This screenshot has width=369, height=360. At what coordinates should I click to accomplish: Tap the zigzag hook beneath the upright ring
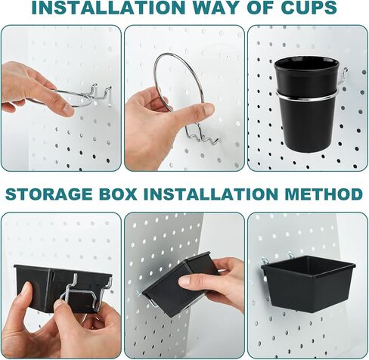(200, 137)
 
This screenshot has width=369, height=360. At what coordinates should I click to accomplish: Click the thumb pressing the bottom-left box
(26, 295)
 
